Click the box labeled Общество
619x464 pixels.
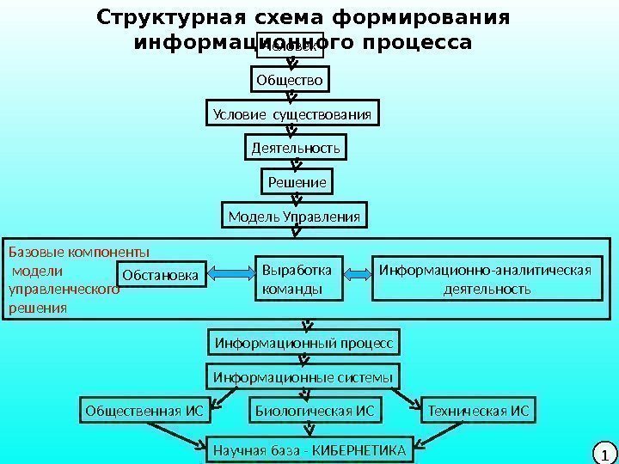pyautogui.click(x=290, y=81)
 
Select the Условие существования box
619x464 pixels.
pyautogui.click(x=292, y=115)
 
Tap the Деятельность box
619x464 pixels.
pyautogui.click(x=296, y=149)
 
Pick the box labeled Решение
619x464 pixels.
pyautogui.click(x=297, y=183)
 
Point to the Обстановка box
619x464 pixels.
pyautogui.click(x=160, y=275)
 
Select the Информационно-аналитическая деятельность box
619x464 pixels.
pyautogui.click(x=486, y=278)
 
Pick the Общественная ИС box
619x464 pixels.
pyautogui.click(x=145, y=411)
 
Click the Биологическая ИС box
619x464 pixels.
pyautogui.click(x=316, y=411)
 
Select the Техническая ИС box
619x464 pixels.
pyautogui.click(x=478, y=411)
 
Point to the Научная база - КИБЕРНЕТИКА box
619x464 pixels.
pyautogui.click(x=309, y=448)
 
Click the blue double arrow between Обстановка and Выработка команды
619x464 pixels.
pyautogui.click(x=230, y=274)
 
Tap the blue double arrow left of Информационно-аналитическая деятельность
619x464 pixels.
pyautogui.click(x=356, y=274)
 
